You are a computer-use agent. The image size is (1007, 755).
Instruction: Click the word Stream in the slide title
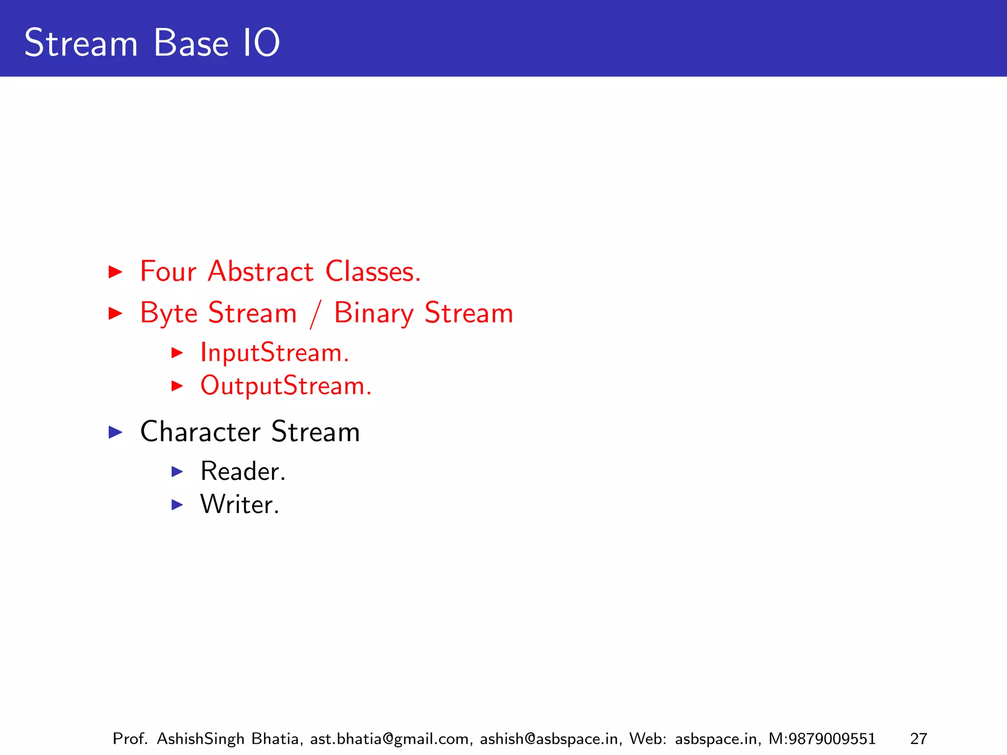81,43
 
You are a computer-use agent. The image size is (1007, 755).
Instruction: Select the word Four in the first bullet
168,271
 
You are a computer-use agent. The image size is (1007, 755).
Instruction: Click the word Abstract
261,271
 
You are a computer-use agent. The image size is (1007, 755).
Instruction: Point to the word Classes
373,271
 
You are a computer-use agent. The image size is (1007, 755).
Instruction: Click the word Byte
169,313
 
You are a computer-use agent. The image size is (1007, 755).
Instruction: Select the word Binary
374,313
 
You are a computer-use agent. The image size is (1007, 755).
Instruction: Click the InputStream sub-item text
274,353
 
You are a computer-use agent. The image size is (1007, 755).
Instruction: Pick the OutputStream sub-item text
286,386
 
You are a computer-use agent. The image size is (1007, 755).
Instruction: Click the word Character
200,432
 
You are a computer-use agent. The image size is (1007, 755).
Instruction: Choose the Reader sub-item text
242,471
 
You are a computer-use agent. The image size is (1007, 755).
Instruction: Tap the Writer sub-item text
239,504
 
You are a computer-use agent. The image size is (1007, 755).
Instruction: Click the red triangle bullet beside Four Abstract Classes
115,271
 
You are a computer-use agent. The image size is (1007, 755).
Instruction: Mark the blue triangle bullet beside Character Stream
115,432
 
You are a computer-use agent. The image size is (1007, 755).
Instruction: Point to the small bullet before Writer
177,504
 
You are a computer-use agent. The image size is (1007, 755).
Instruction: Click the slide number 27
918,739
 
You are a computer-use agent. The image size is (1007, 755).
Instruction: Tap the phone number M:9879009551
822,739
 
